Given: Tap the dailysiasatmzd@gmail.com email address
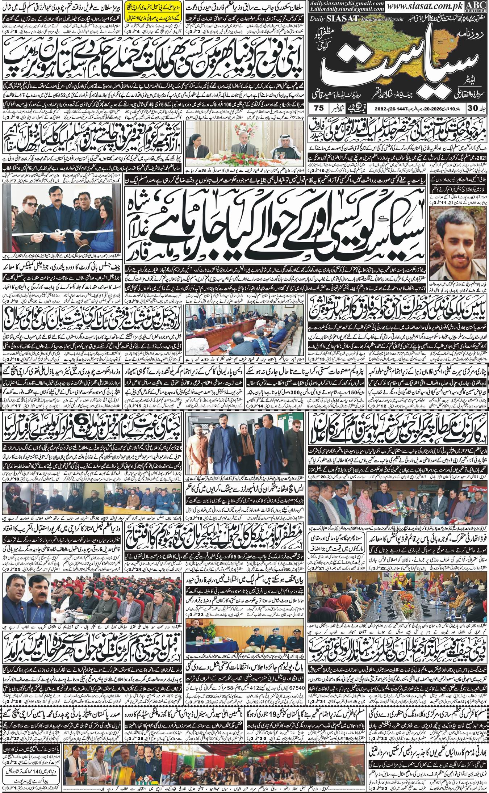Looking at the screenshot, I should click(348, 3).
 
